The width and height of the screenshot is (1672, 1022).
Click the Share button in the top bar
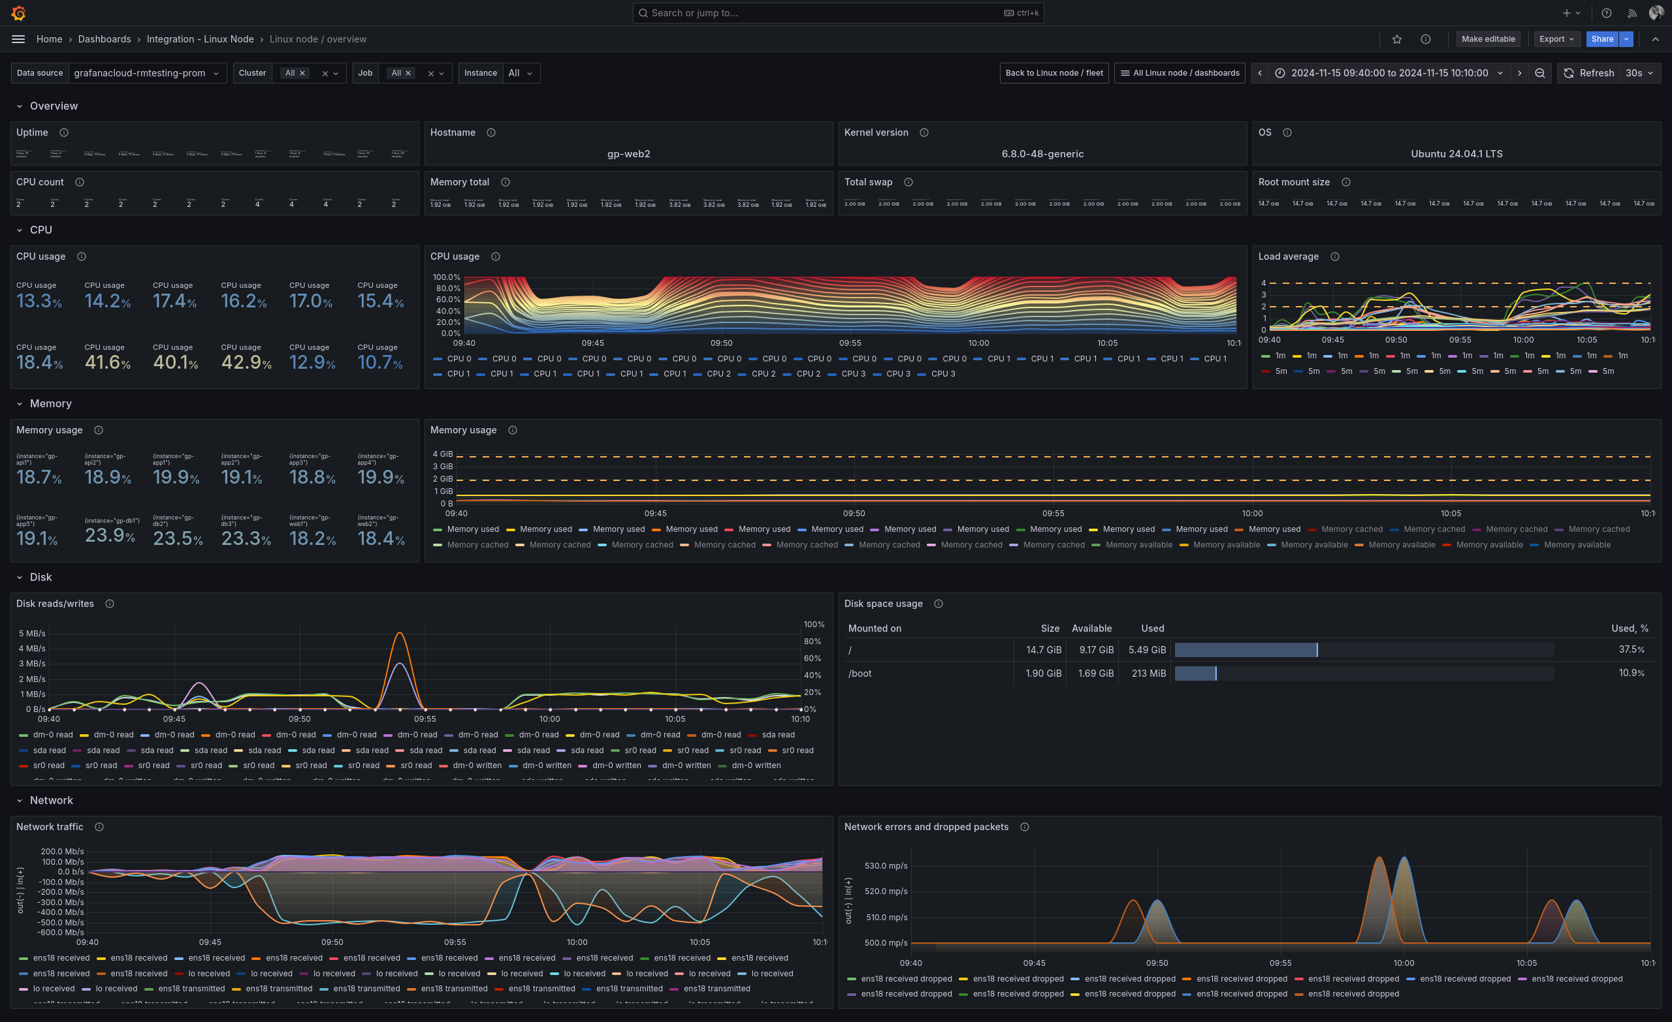pos(1601,39)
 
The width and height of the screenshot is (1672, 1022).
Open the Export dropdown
pos(1556,39)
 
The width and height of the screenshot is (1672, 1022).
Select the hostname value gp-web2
pos(628,154)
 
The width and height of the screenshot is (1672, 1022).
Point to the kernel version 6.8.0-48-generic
pos(1042,154)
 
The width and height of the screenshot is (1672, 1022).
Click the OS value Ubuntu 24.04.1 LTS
pos(1456,154)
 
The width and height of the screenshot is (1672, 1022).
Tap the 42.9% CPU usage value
pos(246,363)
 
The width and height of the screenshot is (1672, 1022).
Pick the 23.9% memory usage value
pos(109,536)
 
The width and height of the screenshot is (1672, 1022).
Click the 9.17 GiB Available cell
pos(1096,650)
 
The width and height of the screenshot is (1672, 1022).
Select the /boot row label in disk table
pos(860,674)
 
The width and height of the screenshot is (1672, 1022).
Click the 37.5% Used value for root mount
pos(1631,650)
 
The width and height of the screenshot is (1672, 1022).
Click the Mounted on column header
pos(875,628)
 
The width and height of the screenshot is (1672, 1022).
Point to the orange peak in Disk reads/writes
pos(400,634)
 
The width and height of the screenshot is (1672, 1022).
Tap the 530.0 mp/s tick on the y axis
pos(886,866)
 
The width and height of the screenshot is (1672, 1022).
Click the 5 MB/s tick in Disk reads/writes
pos(32,634)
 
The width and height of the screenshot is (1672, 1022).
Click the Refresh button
pos(1588,73)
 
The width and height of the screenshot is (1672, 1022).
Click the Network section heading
pos(51,800)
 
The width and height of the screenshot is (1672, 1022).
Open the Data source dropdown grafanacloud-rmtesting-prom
pos(146,73)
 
